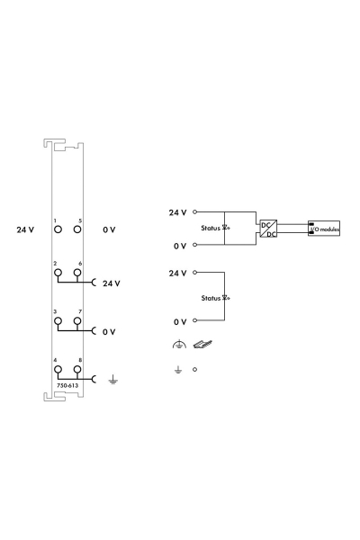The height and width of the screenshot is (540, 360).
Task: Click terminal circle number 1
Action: tap(58, 229)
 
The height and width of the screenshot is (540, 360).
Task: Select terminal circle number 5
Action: tap(77, 229)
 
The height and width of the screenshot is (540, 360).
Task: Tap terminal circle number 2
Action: tap(58, 273)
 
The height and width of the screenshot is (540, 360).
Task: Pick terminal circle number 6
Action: tap(77, 273)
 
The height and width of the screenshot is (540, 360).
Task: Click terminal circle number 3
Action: tap(58, 321)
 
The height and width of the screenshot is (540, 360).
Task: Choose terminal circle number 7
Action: tap(77, 321)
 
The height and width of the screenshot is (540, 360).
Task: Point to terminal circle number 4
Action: tap(58, 370)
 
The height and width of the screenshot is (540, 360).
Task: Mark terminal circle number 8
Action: tap(77, 370)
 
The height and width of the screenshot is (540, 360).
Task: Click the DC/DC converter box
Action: tap(268, 229)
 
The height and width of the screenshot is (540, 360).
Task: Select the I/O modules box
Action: tap(324, 229)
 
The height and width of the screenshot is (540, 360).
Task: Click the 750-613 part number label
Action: tap(67, 385)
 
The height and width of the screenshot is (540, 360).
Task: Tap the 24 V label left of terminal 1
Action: tap(25, 229)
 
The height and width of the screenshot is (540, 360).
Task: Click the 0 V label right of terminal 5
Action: tap(109, 229)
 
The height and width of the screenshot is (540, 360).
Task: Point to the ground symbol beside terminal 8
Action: tap(112, 380)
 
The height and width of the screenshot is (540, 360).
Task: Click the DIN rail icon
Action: tap(202, 344)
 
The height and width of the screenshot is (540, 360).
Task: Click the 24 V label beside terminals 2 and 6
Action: tap(112, 283)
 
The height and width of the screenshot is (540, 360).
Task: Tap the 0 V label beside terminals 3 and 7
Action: tap(109, 331)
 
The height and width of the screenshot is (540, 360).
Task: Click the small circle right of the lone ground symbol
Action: tap(194, 370)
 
